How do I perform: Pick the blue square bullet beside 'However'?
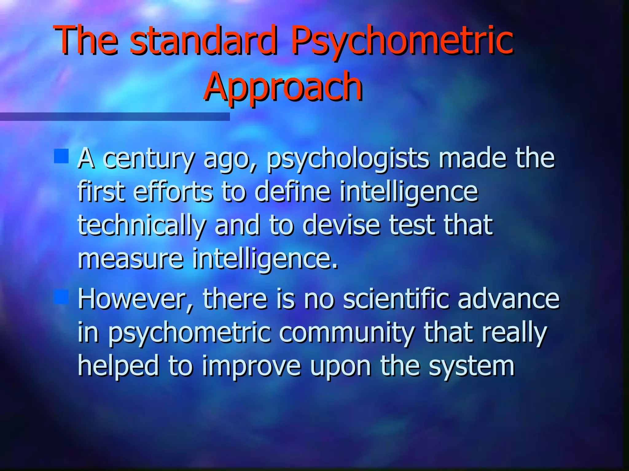point(61,297)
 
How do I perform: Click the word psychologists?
point(348,159)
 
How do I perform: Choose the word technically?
point(142,225)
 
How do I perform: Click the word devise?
point(341,225)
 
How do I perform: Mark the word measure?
point(131,259)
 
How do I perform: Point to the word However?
point(135,299)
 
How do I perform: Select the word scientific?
point(396,299)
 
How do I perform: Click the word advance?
point(509,299)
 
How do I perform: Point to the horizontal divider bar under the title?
point(115,117)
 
